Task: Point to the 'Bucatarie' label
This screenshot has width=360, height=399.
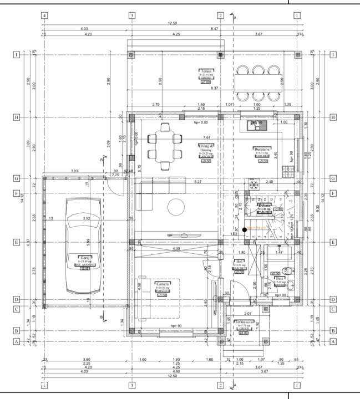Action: [x=261, y=149]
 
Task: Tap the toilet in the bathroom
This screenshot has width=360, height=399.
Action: [x=288, y=271]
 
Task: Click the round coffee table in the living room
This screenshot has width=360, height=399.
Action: [x=177, y=206]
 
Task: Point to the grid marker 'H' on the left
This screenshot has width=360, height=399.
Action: [x=17, y=117]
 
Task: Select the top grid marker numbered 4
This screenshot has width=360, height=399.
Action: [x=44, y=16]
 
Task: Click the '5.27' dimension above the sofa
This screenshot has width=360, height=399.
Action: [x=197, y=181]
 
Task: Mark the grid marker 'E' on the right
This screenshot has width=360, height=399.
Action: [x=333, y=242]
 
